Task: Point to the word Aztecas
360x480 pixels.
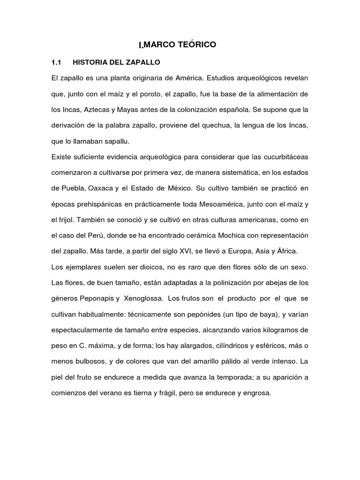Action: pos(88,109)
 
